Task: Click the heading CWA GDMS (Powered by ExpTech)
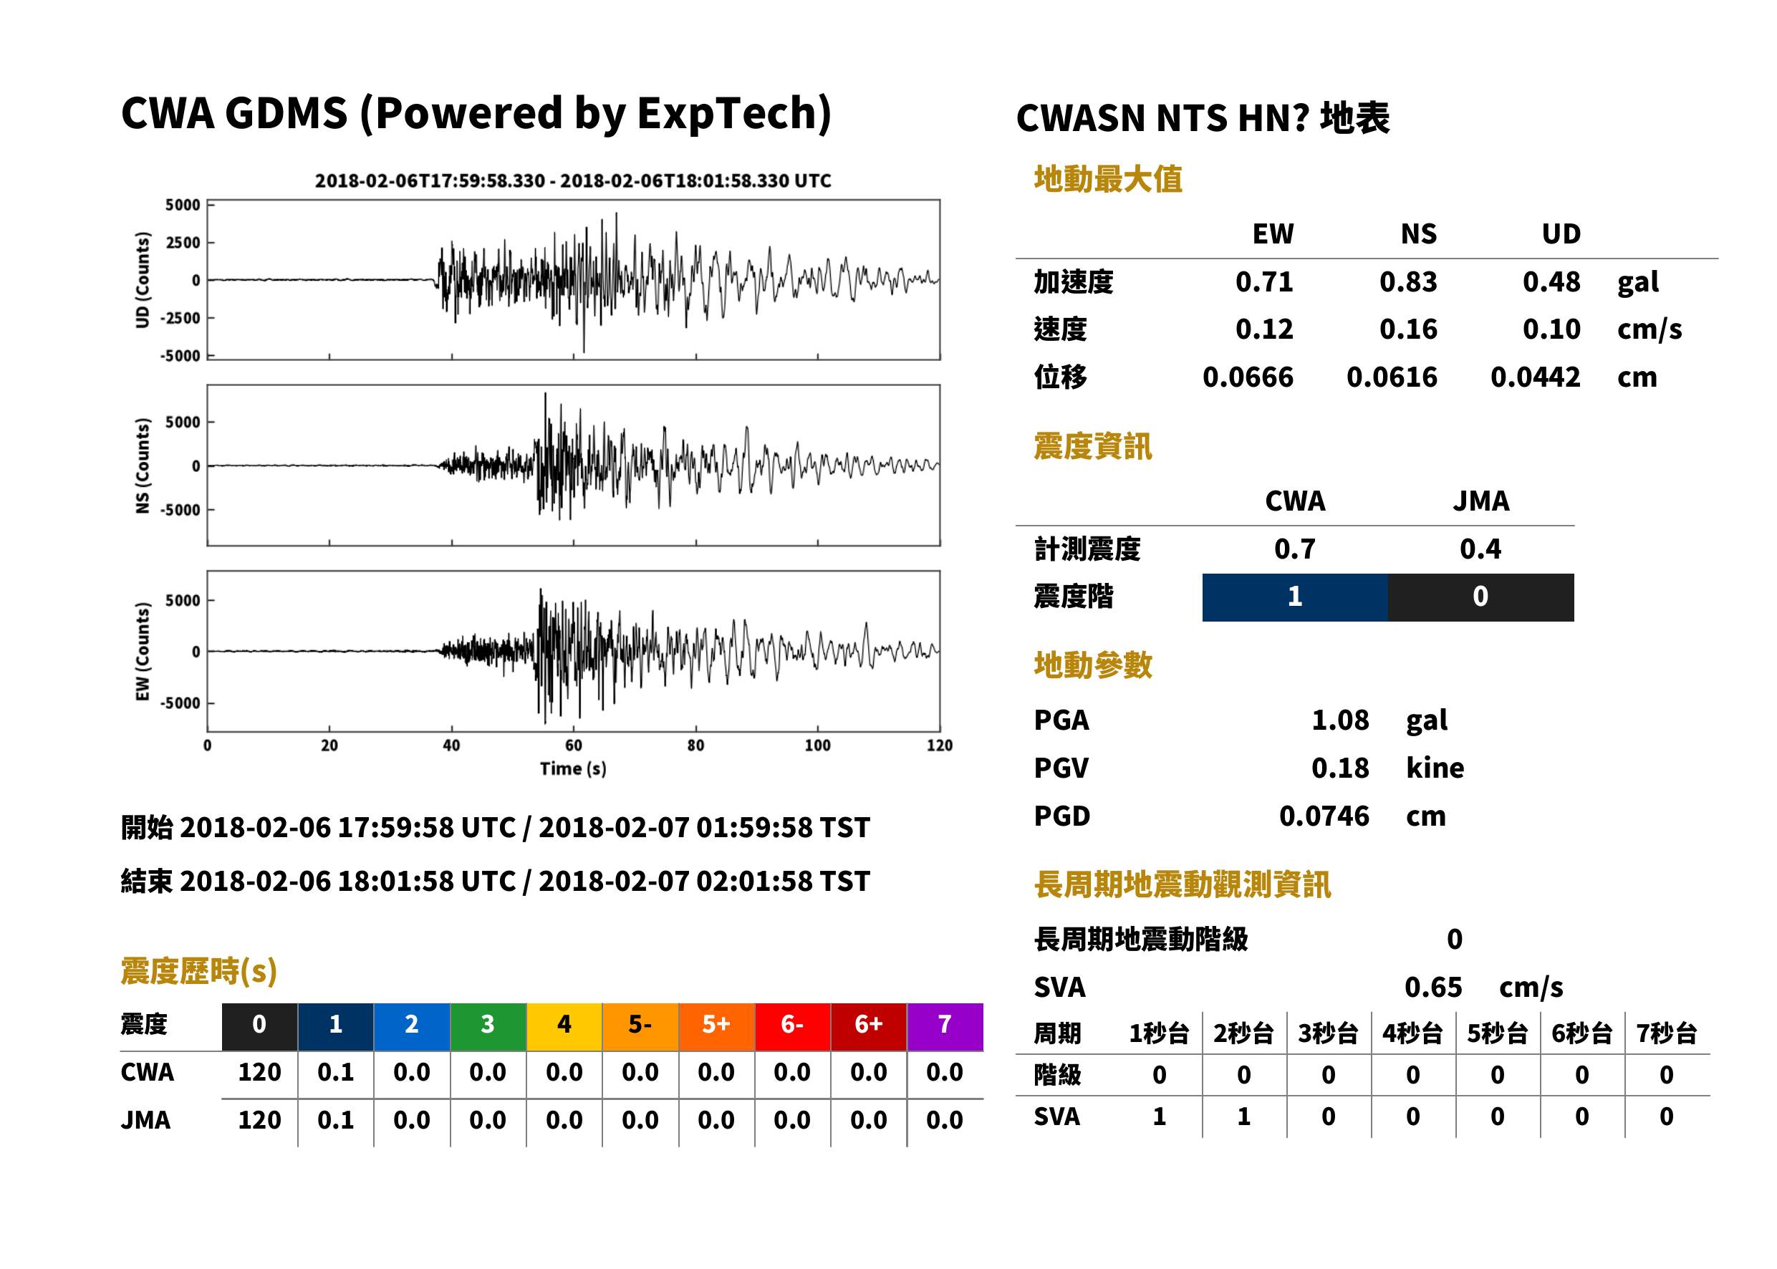[x=476, y=114]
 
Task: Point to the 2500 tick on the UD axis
[x=183, y=242]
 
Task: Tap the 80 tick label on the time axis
[x=695, y=746]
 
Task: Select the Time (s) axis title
[x=573, y=769]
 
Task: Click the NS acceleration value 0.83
[x=1408, y=282]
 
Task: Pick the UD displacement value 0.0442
[x=1536, y=377]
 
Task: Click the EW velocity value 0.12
[x=1264, y=329]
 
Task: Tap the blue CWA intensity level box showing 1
[x=1295, y=597]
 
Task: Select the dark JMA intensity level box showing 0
[x=1481, y=597]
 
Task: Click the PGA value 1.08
[x=1340, y=720]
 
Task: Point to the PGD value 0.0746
[x=1324, y=816]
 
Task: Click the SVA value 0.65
[x=1433, y=988]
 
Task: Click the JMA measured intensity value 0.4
[x=1481, y=549]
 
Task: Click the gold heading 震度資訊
[x=1092, y=447]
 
